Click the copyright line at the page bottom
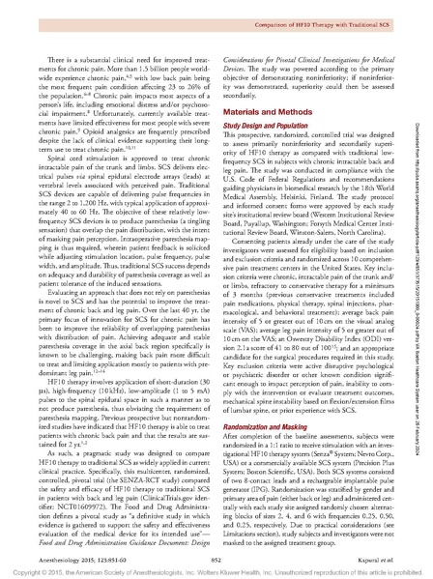[216, 571]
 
